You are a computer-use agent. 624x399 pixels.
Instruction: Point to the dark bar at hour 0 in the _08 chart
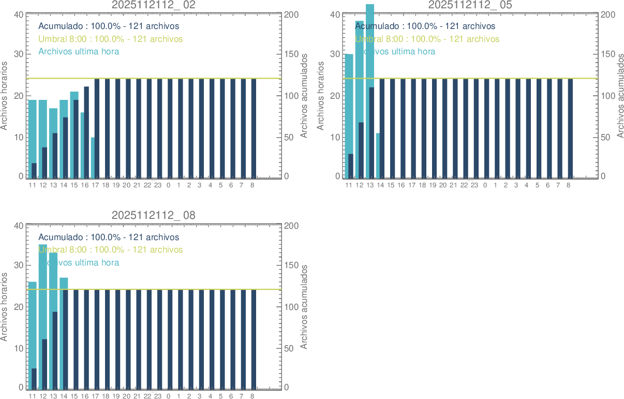(x=170, y=339)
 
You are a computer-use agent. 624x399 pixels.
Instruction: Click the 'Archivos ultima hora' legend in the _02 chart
(x=79, y=52)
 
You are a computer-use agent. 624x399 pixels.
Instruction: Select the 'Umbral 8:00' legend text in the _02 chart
(x=110, y=39)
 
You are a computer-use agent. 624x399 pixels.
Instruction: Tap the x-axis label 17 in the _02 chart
(x=95, y=185)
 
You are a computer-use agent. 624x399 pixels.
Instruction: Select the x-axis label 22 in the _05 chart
(x=464, y=185)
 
